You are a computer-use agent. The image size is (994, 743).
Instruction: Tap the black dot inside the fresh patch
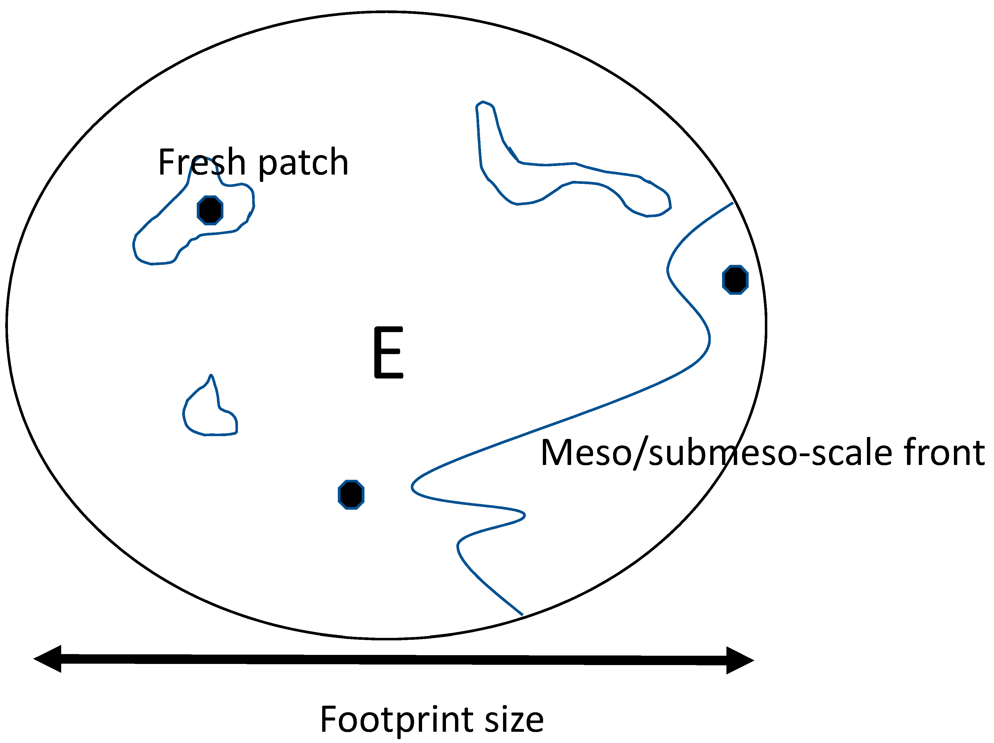click(x=210, y=210)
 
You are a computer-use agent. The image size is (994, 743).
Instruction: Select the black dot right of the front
click(x=735, y=280)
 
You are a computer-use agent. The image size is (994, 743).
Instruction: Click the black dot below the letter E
click(x=351, y=494)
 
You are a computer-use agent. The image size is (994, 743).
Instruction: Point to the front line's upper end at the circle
click(x=732, y=203)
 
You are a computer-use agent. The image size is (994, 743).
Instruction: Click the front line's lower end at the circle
click(x=522, y=615)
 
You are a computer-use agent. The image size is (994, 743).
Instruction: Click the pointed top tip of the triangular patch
click(x=211, y=375)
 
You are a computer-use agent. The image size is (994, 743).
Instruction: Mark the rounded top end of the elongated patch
click(x=483, y=102)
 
